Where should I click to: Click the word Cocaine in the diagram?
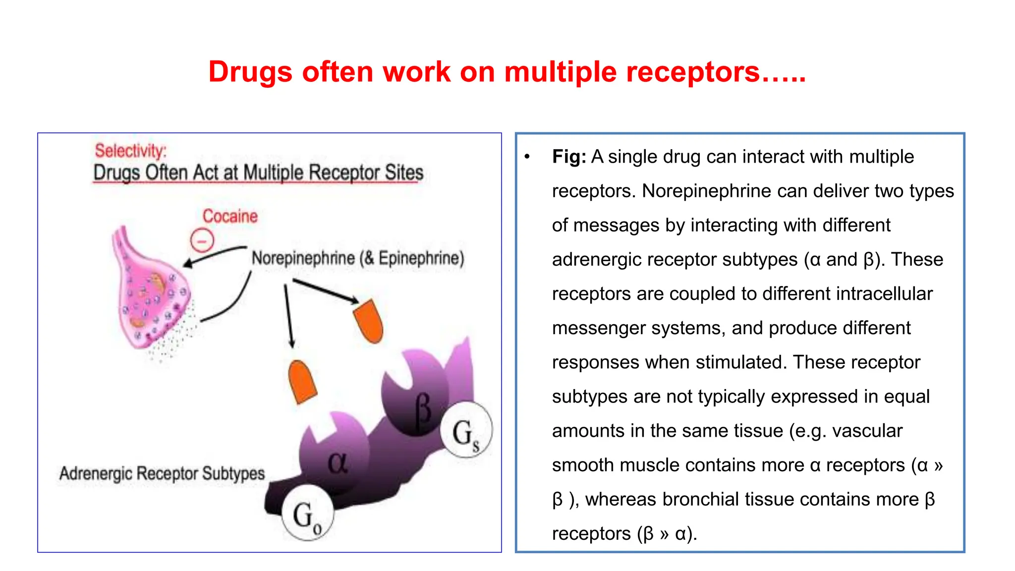click(x=230, y=216)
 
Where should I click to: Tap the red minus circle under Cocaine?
click(x=202, y=241)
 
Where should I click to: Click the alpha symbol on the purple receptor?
click(x=338, y=463)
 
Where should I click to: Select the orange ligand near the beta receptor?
click(x=369, y=321)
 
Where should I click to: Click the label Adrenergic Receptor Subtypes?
click(x=162, y=473)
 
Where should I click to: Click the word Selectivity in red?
click(x=130, y=151)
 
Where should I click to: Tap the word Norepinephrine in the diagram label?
click(x=303, y=258)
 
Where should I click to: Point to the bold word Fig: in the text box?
click(x=569, y=157)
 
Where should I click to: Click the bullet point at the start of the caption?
click(x=527, y=157)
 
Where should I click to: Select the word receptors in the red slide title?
click(x=693, y=72)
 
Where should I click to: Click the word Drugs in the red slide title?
click(x=250, y=72)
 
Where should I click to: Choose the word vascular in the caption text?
click(x=867, y=431)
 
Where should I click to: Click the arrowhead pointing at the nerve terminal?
click(x=188, y=263)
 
